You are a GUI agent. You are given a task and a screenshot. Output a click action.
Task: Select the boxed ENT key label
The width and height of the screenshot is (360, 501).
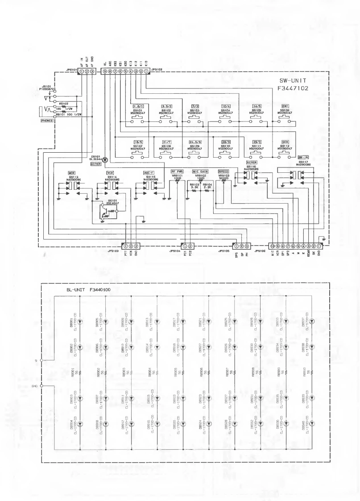(x=285, y=106)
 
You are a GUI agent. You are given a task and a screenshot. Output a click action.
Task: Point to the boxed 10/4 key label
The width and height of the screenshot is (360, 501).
(x=226, y=106)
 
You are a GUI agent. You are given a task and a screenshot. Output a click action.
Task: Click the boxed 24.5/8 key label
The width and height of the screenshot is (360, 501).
(x=196, y=142)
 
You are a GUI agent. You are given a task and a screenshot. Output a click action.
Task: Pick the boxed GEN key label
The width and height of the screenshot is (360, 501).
(x=285, y=142)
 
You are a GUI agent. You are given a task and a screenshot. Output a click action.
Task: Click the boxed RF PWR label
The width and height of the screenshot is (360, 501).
(x=177, y=171)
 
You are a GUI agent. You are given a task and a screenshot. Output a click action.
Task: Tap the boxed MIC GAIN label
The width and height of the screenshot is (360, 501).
(x=201, y=171)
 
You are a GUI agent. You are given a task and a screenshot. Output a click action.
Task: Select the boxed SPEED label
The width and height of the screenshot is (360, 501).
(x=223, y=171)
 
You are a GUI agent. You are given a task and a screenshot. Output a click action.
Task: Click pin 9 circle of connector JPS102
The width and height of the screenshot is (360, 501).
(x=104, y=71)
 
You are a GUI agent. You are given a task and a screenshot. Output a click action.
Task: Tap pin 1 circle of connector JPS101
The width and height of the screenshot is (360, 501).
(x=82, y=71)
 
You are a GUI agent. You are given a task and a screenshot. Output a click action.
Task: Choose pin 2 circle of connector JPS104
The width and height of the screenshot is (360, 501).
(x=190, y=246)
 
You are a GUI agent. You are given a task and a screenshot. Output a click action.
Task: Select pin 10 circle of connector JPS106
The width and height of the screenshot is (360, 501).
(x=272, y=246)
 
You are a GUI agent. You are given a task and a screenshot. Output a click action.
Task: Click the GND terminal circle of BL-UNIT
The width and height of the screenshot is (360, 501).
(x=41, y=385)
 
